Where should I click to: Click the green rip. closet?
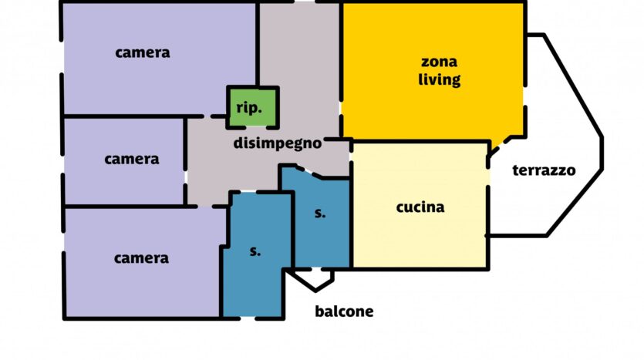(253, 108)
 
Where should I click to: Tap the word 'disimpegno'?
(277, 143)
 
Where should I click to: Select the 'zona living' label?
(439, 71)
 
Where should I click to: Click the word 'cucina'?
(420, 207)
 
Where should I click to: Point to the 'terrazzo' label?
(544, 170)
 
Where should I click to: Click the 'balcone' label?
(344, 311)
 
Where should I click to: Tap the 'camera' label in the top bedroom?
(143, 53)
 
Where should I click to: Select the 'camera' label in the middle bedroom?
(131, 160)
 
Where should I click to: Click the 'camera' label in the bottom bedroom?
(141, 258)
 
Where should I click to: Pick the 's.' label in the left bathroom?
(255, 251)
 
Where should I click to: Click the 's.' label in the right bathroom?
(320, 213)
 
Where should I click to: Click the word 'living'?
(439, 79)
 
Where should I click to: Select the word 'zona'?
(439, 62)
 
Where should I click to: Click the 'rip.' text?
(249, 108)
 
